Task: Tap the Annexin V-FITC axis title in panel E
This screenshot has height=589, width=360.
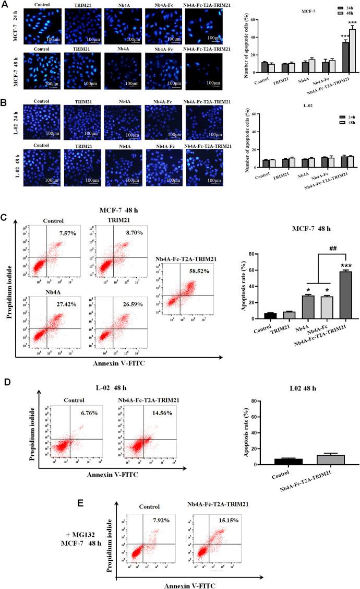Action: tap(190, 585)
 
